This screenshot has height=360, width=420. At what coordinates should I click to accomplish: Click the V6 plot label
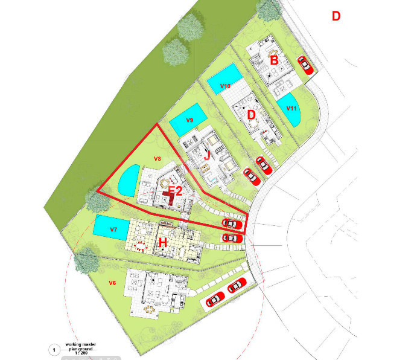point(112,283)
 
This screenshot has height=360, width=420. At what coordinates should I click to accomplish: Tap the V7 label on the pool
point(113,230)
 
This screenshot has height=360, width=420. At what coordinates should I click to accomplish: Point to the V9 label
point(189,121)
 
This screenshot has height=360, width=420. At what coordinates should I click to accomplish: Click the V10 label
point(226,86)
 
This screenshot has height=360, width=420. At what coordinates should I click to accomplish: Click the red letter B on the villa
point(274,60)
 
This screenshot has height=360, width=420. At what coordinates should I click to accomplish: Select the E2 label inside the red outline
point(175,192)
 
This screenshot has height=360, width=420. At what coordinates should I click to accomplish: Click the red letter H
point(162,242)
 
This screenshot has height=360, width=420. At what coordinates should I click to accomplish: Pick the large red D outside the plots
point(336,16)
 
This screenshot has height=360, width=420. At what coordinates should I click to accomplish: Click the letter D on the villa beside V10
point(252,114)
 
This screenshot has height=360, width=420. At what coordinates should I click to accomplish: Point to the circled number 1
point(55,349)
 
